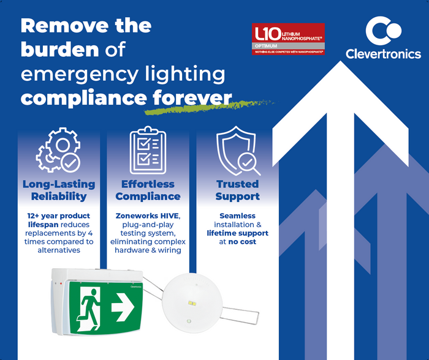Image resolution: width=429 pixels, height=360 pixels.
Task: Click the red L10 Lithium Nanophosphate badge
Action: pos(289,40)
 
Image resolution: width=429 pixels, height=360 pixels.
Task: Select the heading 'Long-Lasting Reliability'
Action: pos(59,190)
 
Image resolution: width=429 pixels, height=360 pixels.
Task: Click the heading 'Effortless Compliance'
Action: pos(148,190)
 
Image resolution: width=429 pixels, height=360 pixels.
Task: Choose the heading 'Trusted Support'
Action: pos(237,190)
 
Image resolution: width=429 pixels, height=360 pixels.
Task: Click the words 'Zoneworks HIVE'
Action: pos(148,216)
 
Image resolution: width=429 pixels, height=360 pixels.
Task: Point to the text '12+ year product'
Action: pos(59,216)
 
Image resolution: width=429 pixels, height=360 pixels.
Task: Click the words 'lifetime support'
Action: pos(237,233)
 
